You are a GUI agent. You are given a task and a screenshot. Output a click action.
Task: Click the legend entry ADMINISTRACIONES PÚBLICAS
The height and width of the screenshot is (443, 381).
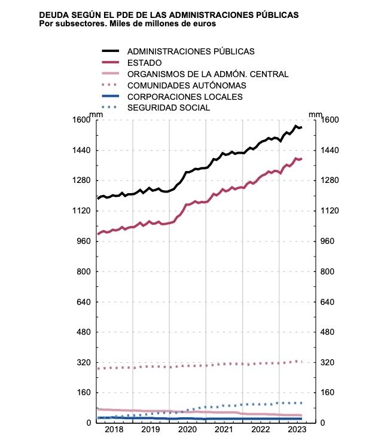click(x=191, y=51)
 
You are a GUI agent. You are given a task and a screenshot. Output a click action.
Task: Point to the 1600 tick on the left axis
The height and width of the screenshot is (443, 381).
click(x=81, y=120)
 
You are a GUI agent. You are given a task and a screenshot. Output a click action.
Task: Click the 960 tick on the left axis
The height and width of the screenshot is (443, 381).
click(x=83, y=241)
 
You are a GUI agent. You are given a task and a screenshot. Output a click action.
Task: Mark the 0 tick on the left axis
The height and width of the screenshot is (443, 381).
click(x=87, y=423)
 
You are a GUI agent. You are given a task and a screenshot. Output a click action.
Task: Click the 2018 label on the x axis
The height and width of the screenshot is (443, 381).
click(x=114, y=430)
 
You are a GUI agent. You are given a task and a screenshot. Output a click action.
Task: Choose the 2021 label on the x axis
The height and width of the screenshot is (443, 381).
click(x=224, y=430)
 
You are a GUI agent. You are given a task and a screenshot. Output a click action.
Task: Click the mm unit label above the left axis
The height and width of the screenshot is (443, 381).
click(x=96, y=113)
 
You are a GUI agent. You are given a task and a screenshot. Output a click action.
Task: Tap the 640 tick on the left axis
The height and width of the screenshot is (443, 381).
click(x=83, y=301)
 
